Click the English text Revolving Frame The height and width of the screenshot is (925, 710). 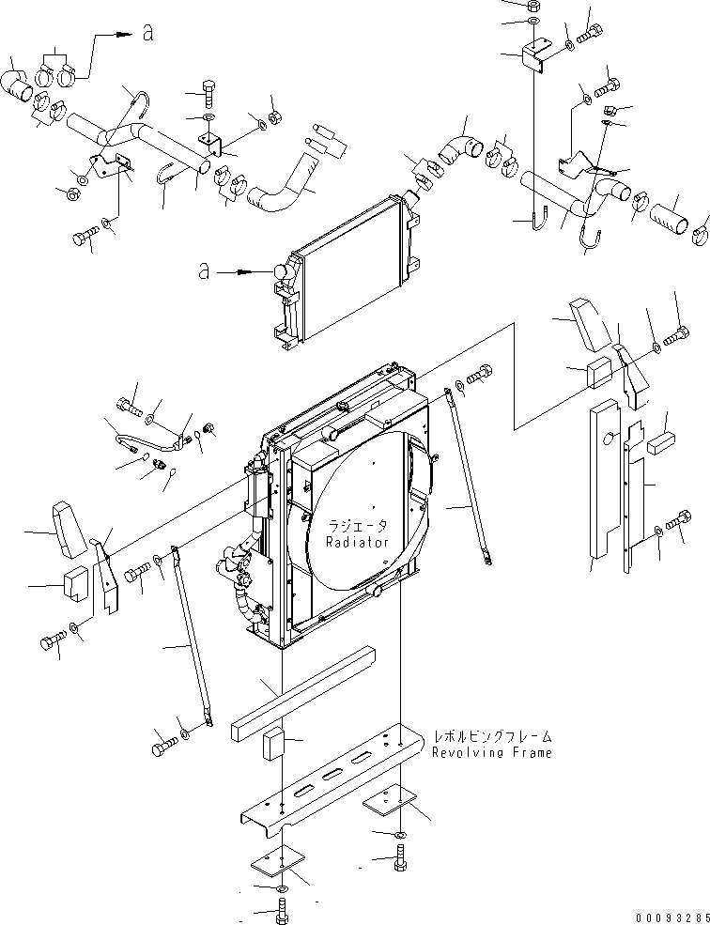coord(492,752)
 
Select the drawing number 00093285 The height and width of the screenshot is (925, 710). coord(665,916)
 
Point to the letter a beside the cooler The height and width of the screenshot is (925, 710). coord(204,271)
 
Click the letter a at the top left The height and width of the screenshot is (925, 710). coord(147,34)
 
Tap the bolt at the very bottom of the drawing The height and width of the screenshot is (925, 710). coord(284,909)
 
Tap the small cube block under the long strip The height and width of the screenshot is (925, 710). coord(276,742)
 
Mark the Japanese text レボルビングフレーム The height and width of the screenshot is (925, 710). coord(492,737)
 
